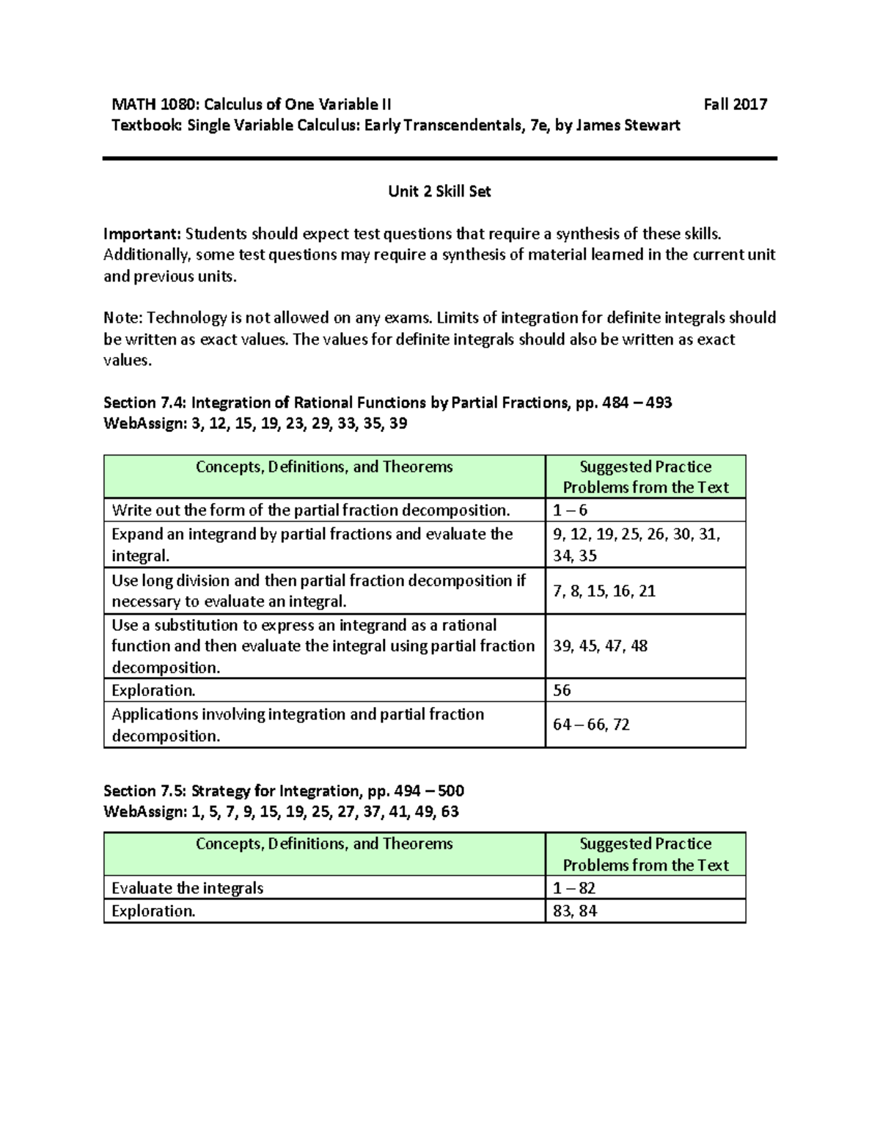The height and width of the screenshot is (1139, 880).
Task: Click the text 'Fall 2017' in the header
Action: click(x=735, y=104)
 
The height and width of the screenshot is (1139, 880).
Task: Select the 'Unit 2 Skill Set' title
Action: click(x=439, y=191)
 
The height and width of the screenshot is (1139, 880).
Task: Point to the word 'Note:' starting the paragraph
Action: click(x=123, y=318)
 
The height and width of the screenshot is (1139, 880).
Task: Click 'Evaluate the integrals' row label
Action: click(x=187, y=888)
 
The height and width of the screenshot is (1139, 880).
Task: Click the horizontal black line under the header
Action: click(x=439, y=158)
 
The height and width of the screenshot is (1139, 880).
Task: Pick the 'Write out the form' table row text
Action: click(x=310, y=510)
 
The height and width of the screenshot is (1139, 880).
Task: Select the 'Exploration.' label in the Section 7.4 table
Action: click(x=153, y=690)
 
